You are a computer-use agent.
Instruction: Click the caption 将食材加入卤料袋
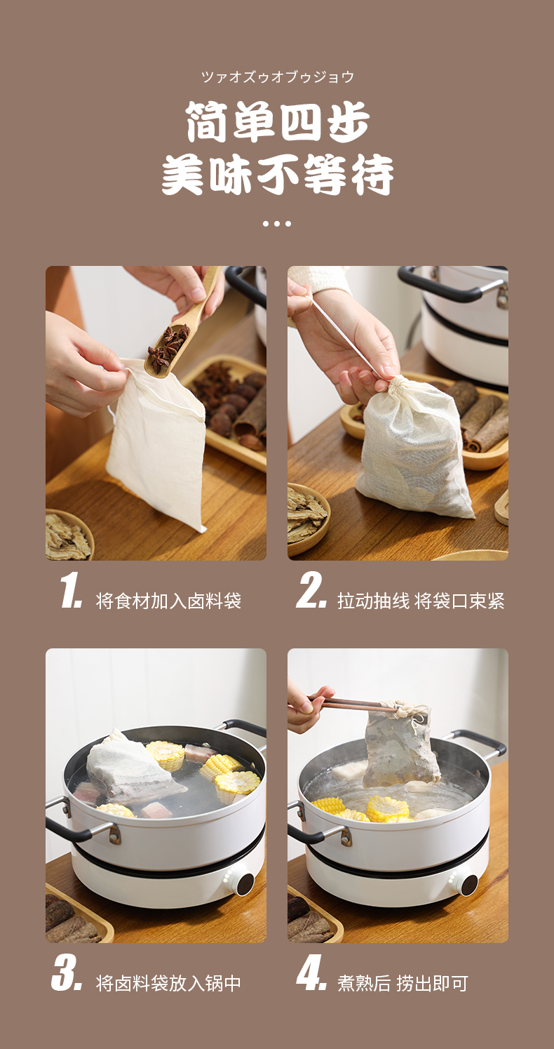point(168,601)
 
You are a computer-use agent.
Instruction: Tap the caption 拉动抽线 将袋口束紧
point(421,601)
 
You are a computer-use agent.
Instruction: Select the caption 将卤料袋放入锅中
point(168,984)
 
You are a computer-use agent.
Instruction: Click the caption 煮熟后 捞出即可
point(403,984)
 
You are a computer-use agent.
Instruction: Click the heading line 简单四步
point(278,122)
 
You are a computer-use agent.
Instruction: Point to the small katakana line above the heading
point(278,76)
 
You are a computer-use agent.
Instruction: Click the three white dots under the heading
point(277,224)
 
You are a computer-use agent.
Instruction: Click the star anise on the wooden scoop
point(168,347)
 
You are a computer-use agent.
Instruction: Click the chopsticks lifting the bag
point(356,703)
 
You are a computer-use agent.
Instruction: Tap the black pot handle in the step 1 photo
point(245,284)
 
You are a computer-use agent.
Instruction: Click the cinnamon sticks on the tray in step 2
point(482,417)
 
